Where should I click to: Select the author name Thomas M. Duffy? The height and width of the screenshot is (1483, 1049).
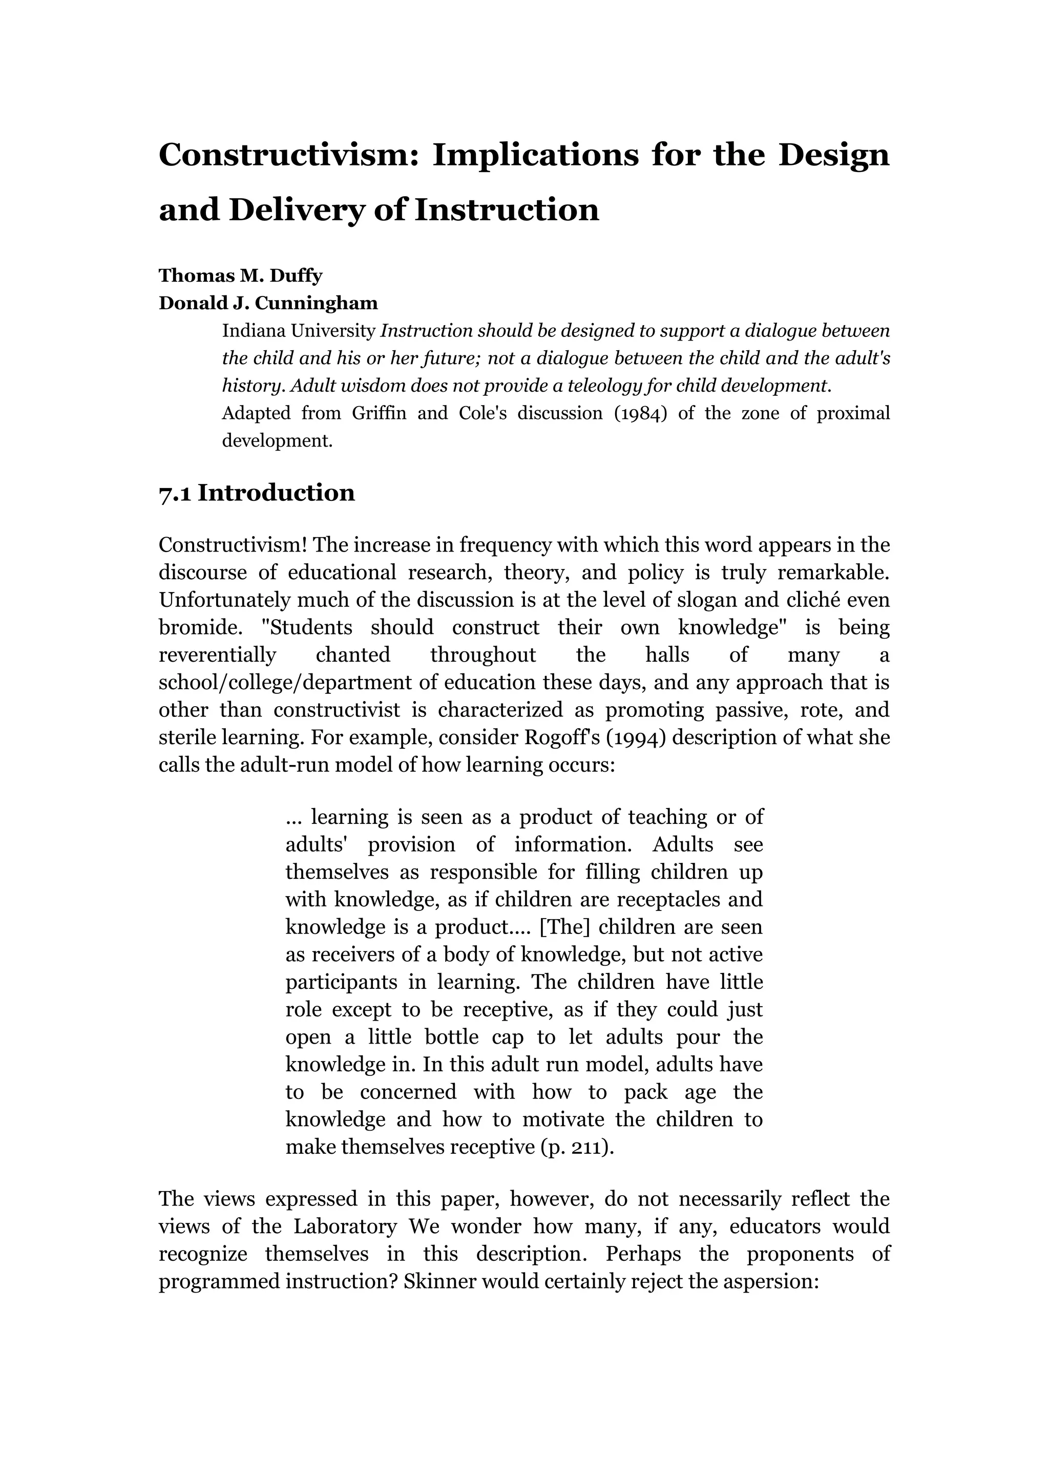click(x=240, y=276)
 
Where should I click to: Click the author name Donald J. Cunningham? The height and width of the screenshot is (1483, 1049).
click(x=268, y=303)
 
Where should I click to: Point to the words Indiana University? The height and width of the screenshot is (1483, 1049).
click(x=299, y=331)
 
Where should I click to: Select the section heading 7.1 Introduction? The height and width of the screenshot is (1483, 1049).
click(x=257, y=493)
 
